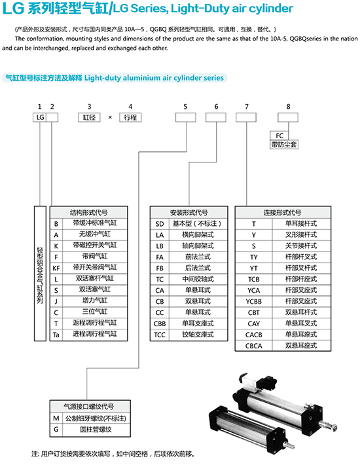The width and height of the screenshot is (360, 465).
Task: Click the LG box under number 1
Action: pos(40,117)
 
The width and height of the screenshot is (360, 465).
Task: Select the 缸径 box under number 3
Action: pos(89,117)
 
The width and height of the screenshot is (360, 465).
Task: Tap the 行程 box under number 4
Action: pos(130,117)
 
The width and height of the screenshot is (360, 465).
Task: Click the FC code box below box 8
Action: pos(279,136)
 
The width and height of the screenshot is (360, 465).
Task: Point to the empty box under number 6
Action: pos(216,117)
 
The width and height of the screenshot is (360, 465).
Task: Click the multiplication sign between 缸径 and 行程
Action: pos(110,117)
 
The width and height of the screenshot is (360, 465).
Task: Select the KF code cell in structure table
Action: pos(56,269)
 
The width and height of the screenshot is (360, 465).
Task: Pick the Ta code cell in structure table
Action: pos(56,335)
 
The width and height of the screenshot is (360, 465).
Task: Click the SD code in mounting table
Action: pos(160,224)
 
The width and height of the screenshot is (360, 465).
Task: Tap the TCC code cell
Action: pos(160,335)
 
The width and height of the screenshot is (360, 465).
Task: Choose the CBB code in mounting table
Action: pos(160,324)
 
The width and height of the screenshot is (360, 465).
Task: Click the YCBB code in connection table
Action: pos(253,302)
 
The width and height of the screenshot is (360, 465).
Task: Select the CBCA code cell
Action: pos(253,346)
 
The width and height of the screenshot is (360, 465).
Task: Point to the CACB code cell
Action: pos(253,335)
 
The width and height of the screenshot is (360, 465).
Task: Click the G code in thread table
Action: pos(56,429)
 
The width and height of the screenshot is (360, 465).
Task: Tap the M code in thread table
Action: pos(56,418)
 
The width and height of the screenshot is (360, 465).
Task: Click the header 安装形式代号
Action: pos(189,213)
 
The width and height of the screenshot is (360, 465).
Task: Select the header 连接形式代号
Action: pos(283,213)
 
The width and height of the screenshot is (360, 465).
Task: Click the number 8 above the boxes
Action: pos(288,107)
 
